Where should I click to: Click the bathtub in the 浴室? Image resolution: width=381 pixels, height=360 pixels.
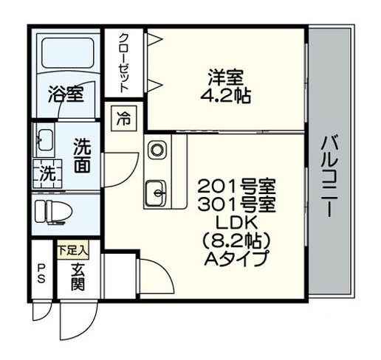[68, 52]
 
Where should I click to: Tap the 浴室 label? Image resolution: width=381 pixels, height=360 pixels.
[66, 94]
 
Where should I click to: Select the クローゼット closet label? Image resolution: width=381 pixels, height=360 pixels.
[124, 63]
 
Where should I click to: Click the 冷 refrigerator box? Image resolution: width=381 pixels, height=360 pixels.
[123, 118]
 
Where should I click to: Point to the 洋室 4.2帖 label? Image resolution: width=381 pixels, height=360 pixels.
[225, 86]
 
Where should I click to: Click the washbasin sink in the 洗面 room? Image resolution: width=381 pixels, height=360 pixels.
[44, 139]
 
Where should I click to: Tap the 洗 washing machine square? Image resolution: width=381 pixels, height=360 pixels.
[47, 174]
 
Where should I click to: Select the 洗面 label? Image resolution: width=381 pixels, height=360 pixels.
[83, 156]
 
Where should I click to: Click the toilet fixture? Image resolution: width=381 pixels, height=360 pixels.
[53, 212]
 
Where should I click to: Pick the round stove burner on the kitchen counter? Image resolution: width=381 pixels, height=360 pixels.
[157, 150]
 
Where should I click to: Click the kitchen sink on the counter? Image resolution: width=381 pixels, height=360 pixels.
[156, 193]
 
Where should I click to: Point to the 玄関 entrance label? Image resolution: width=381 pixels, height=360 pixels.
[78, 277]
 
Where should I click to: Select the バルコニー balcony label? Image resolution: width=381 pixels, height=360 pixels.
[329, 176]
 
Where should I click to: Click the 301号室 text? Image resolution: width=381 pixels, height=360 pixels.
[236, 204]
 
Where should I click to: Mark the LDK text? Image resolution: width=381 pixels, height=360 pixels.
[236, 222]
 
